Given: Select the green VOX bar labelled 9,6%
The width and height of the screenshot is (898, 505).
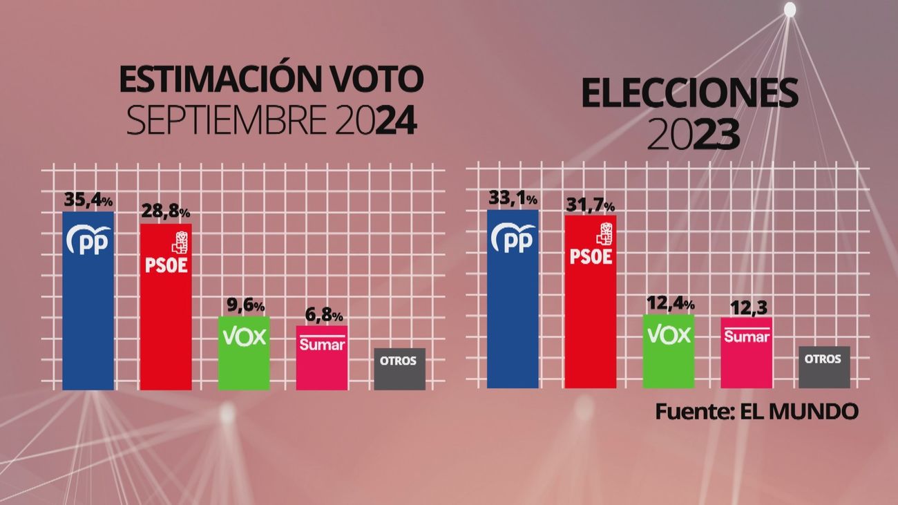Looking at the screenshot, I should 244,353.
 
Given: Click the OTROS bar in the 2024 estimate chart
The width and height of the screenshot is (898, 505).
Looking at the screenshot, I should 399,369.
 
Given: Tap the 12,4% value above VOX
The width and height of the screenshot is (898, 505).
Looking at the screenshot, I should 669,303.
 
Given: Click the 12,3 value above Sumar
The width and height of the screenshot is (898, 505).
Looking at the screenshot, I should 746,307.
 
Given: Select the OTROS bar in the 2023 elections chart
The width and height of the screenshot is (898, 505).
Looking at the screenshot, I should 823,367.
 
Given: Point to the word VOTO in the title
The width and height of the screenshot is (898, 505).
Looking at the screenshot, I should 372,81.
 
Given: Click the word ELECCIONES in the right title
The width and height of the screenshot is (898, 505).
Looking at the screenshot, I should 689,93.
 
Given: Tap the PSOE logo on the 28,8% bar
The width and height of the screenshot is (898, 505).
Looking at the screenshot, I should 166,252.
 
